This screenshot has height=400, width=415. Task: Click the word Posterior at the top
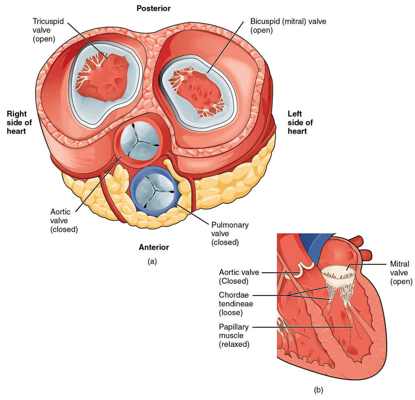[x=154, y=9]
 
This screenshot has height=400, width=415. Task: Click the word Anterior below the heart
[x=154, y=247]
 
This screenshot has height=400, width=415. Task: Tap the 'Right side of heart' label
[x=17, y=123]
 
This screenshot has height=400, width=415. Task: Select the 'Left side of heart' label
[x=300, y=123]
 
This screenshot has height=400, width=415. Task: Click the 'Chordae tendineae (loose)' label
[x=235, y=303]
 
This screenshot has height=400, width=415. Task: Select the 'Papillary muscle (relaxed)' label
[x=235, y=336]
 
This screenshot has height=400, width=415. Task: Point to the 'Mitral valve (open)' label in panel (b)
[x=401, y=272]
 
